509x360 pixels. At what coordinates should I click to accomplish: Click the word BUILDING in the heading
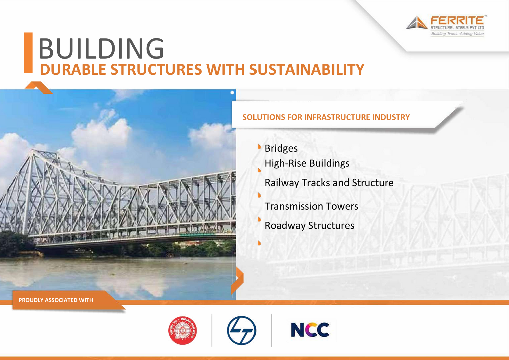tap(101, 49)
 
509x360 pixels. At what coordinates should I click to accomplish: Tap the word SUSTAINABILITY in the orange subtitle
tap(307, 69)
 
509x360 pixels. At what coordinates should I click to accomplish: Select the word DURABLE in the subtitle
tap(73, 69)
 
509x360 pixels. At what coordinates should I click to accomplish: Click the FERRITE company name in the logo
tap(457, 20)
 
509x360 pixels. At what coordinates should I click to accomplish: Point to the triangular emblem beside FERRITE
tap(417, 23)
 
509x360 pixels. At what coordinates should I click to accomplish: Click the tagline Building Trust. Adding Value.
tap(458, 34)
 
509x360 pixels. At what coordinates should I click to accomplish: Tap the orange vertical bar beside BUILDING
tap(28, 53)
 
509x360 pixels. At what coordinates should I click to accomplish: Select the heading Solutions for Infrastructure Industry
tap(326, 117)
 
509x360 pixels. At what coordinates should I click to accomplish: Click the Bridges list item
tap(281, 149)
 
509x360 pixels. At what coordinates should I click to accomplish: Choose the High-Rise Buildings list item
tap(307, 164)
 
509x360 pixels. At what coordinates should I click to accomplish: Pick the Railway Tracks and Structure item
tap(329, 183)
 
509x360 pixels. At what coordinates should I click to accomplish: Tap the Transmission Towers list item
tap(311, 206)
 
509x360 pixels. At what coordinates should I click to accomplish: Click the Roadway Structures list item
tap(309, 226)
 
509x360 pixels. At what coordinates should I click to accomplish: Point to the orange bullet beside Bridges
tap(259, 147)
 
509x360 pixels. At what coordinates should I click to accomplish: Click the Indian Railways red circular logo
tap(183, 330)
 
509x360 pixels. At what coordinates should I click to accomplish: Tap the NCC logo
tap(310, 330)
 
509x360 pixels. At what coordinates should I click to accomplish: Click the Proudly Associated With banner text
tap(56, 300)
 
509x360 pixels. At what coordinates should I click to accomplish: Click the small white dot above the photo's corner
tap(232, 92)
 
